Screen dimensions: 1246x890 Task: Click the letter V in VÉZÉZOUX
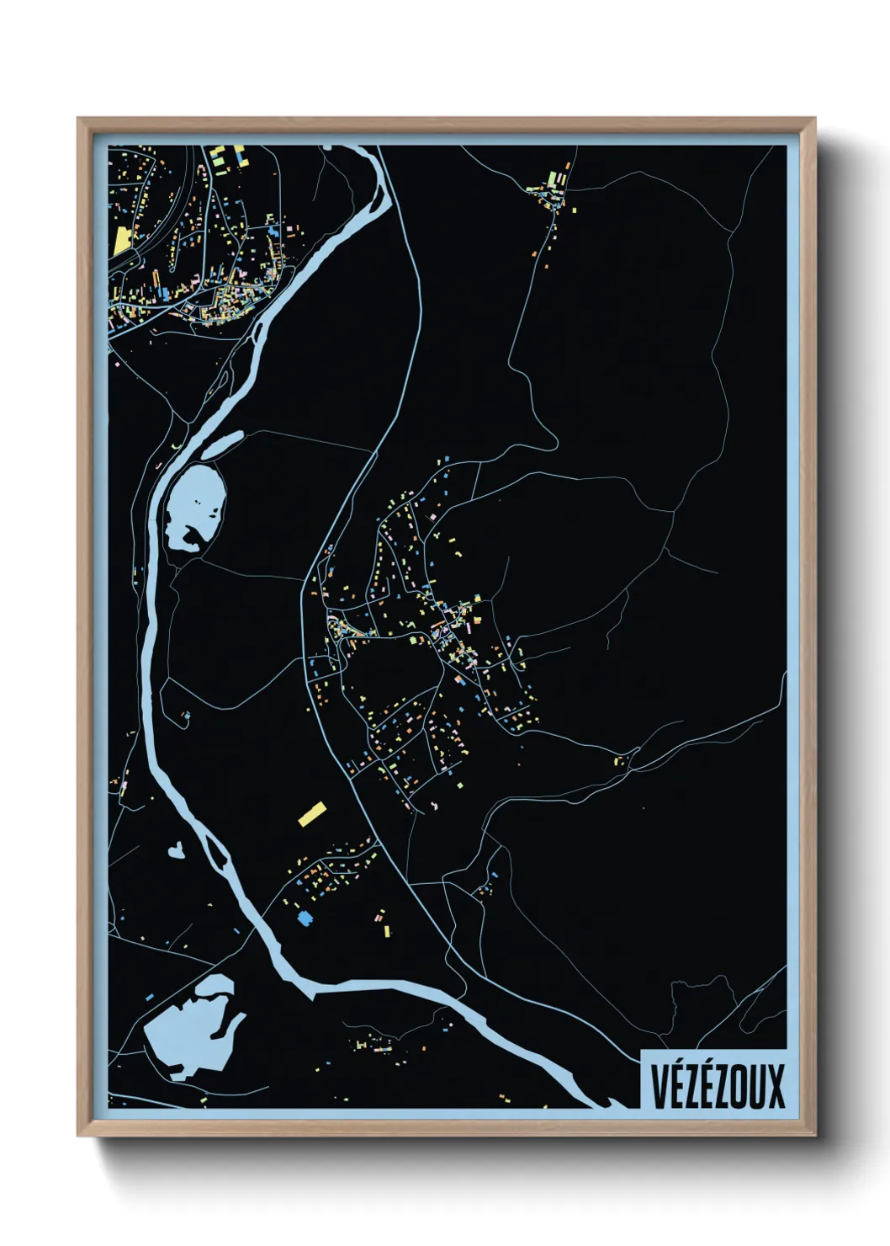pyautogui.click(x=659, y=1086)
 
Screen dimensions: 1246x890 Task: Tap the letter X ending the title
pyautogui.click(x=774, y=1086)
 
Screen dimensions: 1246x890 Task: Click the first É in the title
pyautogui.click(x=676, y=1086)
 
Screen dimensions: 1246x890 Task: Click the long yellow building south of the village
pyautogui.click(x=312, y=813)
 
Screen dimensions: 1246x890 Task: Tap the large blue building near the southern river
pyautogui.click(x=305, y=918)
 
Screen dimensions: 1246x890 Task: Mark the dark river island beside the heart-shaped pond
pyautogui.click(x=215, y=854)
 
